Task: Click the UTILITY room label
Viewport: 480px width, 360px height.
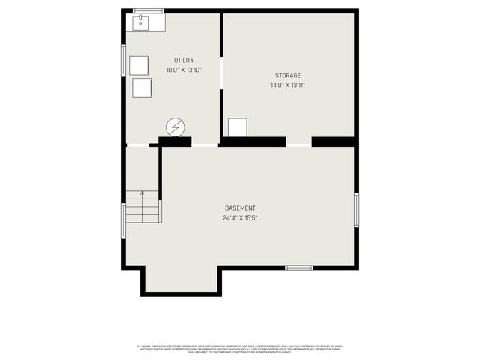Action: [x=184, y=61]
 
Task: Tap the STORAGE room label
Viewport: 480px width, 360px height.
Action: [x=287, y=75]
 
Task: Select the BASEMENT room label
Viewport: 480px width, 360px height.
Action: [x=240, y=208]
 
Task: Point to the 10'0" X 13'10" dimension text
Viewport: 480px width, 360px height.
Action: [x=184, y=70]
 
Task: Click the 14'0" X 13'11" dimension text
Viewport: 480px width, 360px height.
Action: [x=287, y=85]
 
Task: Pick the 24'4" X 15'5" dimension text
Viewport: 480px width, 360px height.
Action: [x=240, y=218]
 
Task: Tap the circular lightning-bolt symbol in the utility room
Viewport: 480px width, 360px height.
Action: [x=175, y=127]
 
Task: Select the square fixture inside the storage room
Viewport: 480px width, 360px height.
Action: [x=238, y=127]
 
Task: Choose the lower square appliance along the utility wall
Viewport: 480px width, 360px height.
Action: [x=142, y=88]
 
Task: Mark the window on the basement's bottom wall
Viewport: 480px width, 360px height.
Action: [x=298, y=267]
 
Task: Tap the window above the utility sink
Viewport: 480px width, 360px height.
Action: [x=148, y=10]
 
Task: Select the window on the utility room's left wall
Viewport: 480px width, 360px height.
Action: [x=124, y=63]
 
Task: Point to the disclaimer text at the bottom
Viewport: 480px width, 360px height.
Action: [x=240, y=348]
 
